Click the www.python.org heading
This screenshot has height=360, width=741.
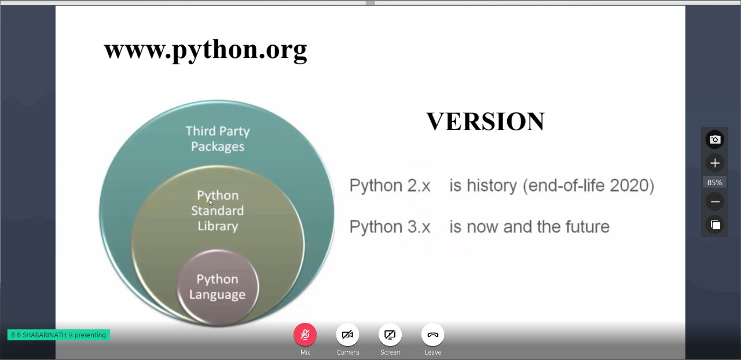click(206, 50)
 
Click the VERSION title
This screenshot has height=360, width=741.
click(485, 122)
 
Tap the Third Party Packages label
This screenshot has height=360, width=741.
click(217, 139)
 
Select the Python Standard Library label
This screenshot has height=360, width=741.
click(217, 211)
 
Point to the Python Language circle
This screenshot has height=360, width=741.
click(218, 287)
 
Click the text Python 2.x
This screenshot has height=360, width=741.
click(390, 185)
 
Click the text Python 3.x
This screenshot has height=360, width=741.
click(390, 227)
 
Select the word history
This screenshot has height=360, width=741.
click(491, 186)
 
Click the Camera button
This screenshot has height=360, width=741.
click(348, 335)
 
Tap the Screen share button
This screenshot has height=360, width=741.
click(390, 335)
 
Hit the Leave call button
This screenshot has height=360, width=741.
click(432, 335)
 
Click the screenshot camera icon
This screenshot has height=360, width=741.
click(715, 139)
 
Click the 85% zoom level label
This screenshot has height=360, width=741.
click(714, 182)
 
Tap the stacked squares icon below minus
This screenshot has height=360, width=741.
click(715, 225)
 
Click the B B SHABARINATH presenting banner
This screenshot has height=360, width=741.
click(58, 335)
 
